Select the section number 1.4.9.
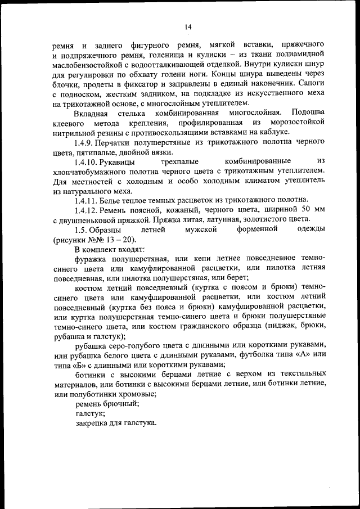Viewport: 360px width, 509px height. tap(86, 143)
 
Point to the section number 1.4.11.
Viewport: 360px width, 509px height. tap(88, 200)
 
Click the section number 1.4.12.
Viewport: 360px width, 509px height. tap(88, 209)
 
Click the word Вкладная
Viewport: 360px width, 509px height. tap(92, 114)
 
